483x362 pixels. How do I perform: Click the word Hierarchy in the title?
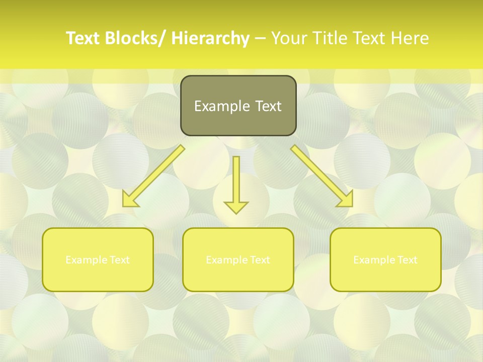click(210, 38)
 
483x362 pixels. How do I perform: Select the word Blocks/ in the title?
click(135, 38)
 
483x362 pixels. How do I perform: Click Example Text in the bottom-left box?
click(98, 260)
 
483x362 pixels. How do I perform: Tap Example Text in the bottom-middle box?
click(238, 260)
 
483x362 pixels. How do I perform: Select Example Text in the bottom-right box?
click(385, 260)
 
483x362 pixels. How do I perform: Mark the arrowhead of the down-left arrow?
click(130, 200)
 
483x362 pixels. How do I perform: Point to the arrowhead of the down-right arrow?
click(346, 200)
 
